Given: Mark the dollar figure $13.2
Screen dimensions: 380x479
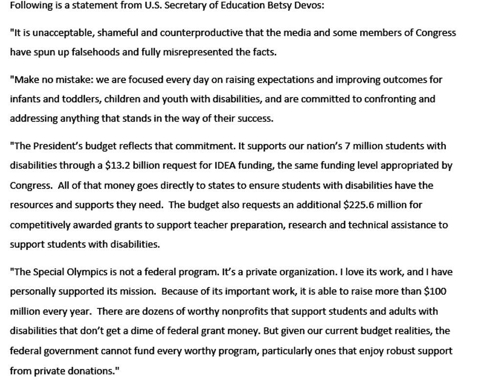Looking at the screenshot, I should [119, 166].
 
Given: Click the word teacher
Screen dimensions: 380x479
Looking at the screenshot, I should [221, 225].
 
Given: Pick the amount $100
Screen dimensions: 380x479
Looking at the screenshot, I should [435, 291].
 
